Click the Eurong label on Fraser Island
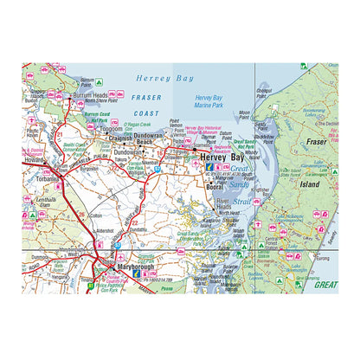point(323,257)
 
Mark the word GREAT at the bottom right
point(326,283)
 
